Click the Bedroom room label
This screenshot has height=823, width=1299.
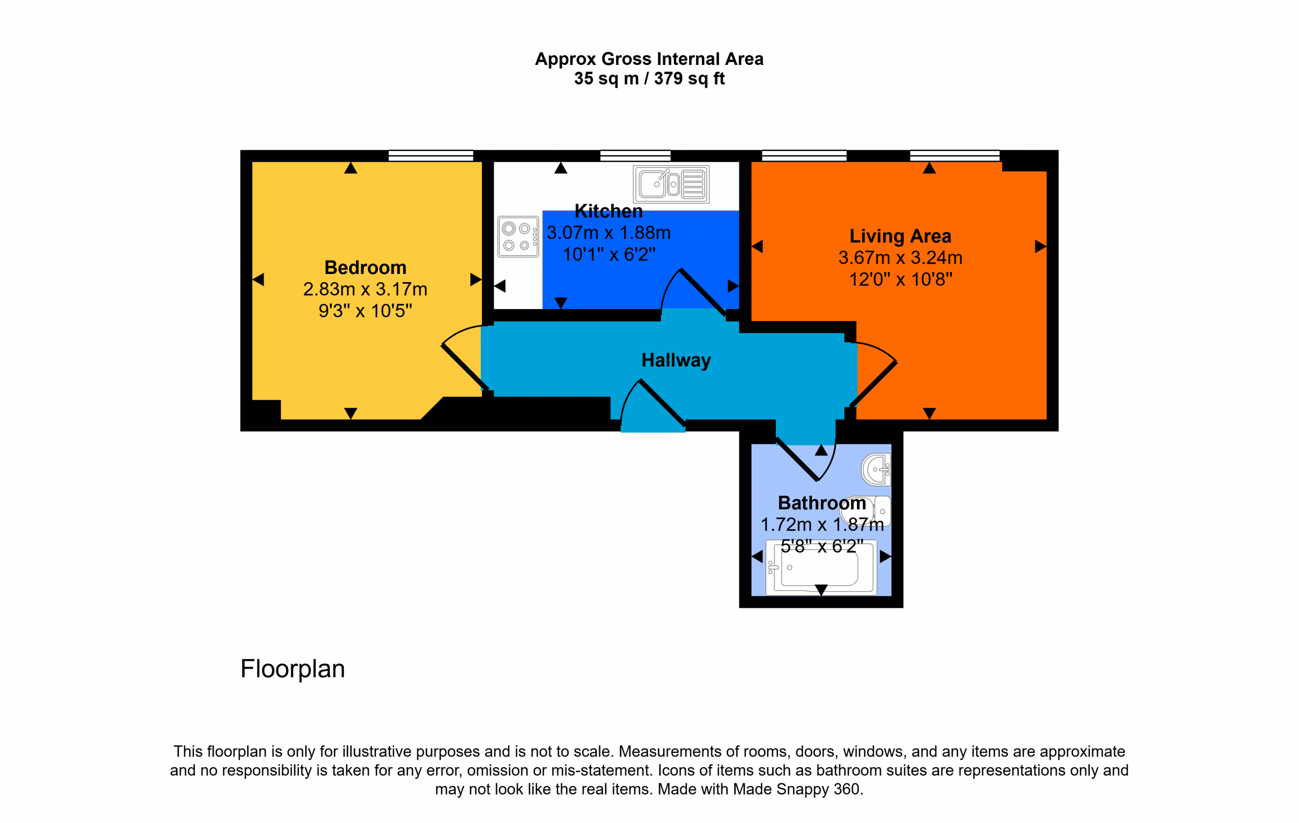click(365, 267)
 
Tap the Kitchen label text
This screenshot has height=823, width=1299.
click(608, 211)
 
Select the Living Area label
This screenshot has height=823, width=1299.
click(900, 236)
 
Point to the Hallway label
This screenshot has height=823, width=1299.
click(676, 360)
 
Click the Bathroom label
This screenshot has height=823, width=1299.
click(822, 503)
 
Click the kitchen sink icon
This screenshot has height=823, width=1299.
click(671, 184)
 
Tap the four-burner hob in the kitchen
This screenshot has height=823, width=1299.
click(518, 237)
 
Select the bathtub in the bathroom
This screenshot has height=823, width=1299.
click(821, 566)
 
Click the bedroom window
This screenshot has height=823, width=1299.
click(430, 155)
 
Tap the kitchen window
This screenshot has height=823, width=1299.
click(635, 155)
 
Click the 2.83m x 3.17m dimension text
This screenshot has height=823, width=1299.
click(365, 290)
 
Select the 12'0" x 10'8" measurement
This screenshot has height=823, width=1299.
click(900, 280)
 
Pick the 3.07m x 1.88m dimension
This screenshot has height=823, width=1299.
click(608, 233)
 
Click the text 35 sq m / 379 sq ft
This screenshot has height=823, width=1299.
click(649, 79)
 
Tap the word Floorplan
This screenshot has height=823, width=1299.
click(292, 669)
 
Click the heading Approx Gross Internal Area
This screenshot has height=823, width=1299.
click(649, 59)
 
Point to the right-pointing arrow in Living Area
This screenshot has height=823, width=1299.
click(1041, 247)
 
